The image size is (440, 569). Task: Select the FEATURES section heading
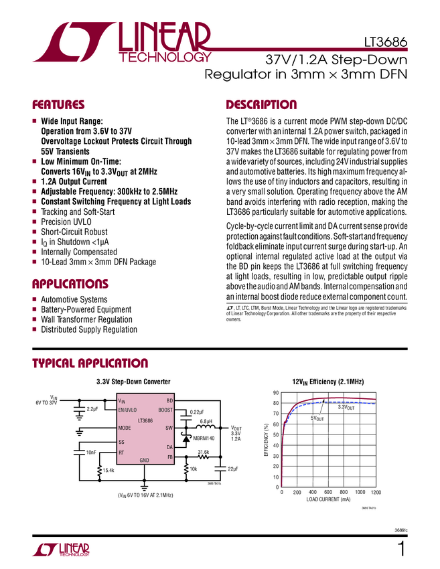click(59, 105)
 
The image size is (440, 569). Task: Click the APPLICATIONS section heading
click(70, 283)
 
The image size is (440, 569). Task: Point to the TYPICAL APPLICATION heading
click(90, 363)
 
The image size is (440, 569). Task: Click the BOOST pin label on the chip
click(165, 409)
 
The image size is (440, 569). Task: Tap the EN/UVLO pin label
click(127, 409)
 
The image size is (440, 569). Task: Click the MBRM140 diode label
click(205, 438)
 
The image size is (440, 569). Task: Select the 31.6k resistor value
click(204, 453)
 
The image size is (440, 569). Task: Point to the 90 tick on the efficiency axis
click(275, 393)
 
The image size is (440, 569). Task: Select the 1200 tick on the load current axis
click(375, 492)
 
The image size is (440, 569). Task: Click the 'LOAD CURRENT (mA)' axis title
click(328, 499)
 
